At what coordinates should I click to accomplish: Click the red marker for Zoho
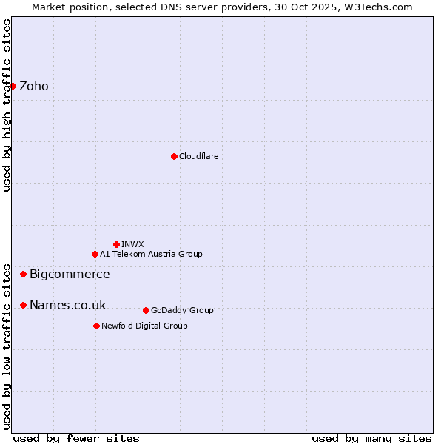[x=13, y=86]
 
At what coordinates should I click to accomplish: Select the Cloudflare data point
[x=174, y=156]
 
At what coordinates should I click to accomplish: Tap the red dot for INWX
[x=116, y=244]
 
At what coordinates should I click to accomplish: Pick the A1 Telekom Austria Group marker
[x=95, y=254]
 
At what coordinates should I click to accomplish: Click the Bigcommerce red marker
[x=23, y=274]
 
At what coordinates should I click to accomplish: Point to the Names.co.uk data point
[x=23, y=305]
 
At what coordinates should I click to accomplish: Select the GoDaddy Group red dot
[x=146, y=310]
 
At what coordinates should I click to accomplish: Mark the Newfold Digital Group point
[x=96, y=326]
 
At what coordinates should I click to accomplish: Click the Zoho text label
[x=34, y=86]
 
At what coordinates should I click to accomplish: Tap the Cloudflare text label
[x=199, y=156]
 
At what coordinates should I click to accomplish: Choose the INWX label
[x=133, y=244]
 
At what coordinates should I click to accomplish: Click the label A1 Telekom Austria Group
[x=151, y=254]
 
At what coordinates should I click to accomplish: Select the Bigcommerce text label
[x=70, y=274]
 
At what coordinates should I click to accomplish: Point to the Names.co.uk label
[x=67, y=305]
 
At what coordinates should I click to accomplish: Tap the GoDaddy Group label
[x=182, y=310]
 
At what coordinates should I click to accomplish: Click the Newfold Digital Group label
[x=144, y=326]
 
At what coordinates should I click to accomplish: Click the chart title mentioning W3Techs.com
[x=222, y=7]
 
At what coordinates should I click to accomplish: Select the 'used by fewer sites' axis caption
[x=76, y=438]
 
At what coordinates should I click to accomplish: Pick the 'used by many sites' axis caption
[x=371, y=438]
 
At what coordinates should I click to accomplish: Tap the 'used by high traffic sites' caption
[x=7, y=105]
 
